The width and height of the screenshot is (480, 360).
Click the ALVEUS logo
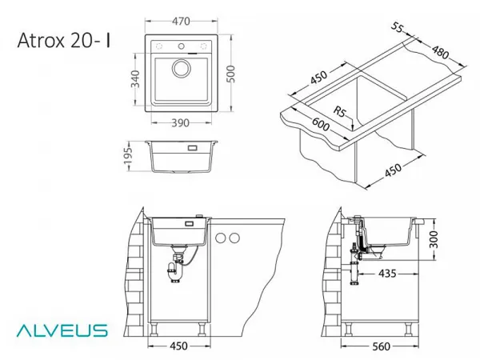[62, 330]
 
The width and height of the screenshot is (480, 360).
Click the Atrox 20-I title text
[64, 41]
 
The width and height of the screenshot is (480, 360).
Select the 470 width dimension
[181, 22]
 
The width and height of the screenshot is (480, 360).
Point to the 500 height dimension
[231, 74]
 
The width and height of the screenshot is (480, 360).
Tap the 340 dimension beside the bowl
[135, 79]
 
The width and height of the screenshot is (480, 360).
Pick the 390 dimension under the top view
[180, 123]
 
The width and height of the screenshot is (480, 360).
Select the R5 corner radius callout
[339, 111]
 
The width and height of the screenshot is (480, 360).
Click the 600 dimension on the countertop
[321, 124]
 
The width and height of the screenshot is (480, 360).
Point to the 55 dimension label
[397, 27]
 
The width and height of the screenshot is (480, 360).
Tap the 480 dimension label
[440, 52]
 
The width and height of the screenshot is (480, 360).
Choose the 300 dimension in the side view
[434, 240]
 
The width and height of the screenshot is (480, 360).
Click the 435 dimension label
[387, 274]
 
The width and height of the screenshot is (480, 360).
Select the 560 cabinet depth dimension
[382, 346]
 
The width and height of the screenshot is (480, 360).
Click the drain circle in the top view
[182, 68]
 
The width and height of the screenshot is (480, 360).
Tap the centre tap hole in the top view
[182, 46]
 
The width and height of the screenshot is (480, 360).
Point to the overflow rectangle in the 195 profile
[193, 148]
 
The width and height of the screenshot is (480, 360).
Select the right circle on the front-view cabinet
[234, 238]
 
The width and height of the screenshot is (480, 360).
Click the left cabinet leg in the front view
[154, 330]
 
